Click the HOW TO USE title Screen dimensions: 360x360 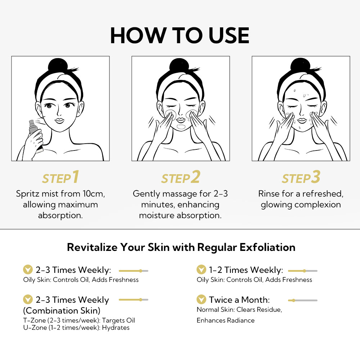[x=180, y=35]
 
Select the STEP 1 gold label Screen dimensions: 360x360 [x=60, y=178]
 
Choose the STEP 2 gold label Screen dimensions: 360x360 [x=180, y=178]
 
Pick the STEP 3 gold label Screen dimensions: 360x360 [x=301, y=178]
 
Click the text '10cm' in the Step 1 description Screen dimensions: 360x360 [x=93, y=194]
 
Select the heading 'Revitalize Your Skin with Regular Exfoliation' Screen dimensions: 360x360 [x=181, y=247]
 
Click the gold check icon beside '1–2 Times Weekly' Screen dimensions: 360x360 [x=202, y=270]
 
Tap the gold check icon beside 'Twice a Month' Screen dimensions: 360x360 [x=202, y=300]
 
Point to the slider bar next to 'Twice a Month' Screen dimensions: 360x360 [x=302, y=300]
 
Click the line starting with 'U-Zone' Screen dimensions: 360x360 [x=76, y=328]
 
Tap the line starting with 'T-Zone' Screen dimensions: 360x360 [x=79, y=320]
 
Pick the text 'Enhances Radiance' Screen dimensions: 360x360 [x=225, y=320]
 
